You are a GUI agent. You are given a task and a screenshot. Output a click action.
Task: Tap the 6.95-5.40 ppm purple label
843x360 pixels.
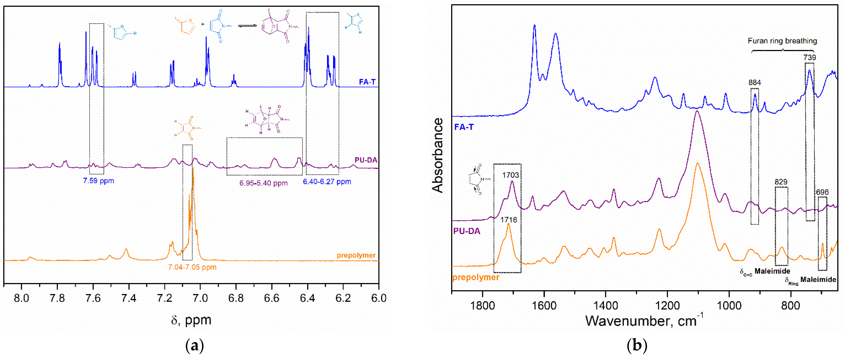[x=263, y=183]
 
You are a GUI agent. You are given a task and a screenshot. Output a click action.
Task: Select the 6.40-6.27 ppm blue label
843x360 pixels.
[x=327, y=182]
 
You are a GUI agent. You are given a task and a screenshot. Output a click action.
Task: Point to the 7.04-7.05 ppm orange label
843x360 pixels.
[x=192, y=267]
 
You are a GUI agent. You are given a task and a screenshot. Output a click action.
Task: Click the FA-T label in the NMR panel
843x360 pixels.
[x=367, y=82]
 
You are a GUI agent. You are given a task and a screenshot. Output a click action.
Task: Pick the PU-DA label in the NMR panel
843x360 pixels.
[x=366, y=160]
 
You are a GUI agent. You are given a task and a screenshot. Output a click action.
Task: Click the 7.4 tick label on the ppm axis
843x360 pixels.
[x=129, y=298]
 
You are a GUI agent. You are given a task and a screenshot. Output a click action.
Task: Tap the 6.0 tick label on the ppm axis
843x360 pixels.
[x=379, y=298]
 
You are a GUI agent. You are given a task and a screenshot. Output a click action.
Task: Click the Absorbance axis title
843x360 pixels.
[x=438, y=155]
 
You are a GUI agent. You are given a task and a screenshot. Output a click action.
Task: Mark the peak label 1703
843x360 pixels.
[x=510, y=175]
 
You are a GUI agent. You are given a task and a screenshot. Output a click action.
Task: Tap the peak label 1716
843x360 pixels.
[x=509, y=220]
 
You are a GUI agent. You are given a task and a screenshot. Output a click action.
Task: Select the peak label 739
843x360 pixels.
[x=809, y=58]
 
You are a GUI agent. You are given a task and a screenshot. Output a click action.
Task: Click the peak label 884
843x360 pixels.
[x=754, y=82]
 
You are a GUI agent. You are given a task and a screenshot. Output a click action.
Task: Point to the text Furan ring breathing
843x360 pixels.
[x=782, y=41]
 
